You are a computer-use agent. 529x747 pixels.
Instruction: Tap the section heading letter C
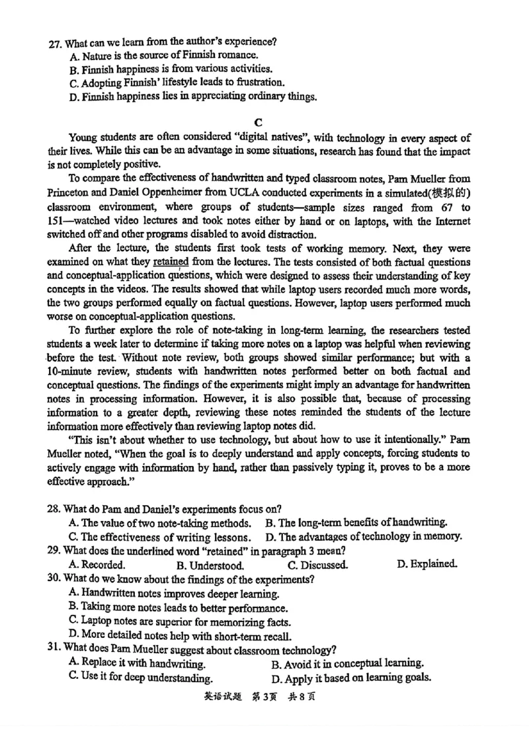click(x=259, y=122)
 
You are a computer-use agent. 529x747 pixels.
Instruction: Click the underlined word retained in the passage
click(x=171, y=262)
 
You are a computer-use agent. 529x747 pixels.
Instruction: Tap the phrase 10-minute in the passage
click(x=71, y=372)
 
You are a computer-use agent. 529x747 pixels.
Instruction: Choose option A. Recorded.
click(x=97, y=565)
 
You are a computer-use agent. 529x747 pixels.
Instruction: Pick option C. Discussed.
click(x=318, y=565)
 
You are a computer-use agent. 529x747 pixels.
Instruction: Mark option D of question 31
click(x=351, y=678)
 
